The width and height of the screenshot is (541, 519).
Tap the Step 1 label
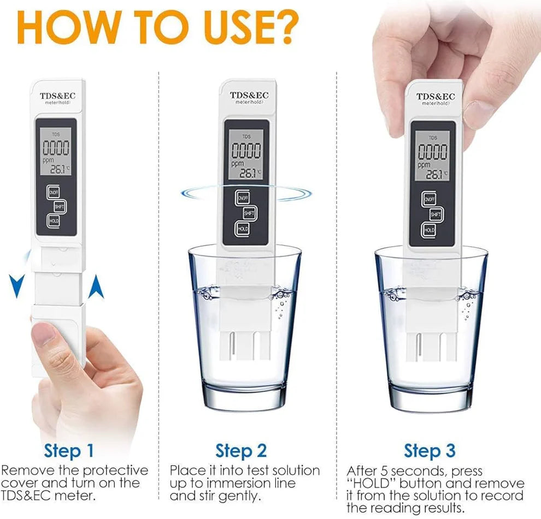69,451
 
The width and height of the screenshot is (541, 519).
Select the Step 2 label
241,451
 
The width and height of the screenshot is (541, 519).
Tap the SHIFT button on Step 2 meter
249,213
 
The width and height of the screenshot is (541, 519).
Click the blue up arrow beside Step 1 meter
96,287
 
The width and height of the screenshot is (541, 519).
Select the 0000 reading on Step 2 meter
245,151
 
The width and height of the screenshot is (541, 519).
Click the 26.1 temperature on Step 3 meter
434,174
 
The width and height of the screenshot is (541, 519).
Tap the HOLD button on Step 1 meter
54,220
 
